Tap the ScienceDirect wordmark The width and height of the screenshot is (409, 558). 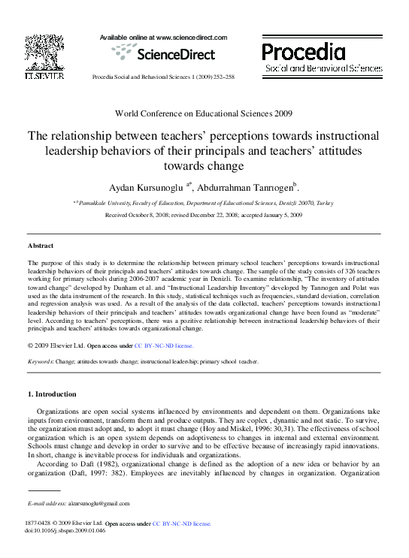click(174, 54)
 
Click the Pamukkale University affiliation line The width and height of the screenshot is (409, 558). click(204, 204)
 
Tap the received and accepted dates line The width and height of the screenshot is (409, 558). click(204, 215)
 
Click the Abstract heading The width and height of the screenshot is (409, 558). click(41, 246)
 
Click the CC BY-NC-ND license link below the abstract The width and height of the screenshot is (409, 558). click(164, 345)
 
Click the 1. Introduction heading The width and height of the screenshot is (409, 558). click(52, 394)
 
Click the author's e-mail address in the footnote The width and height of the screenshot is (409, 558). click(99, 503)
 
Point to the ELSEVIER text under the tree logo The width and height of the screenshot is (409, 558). click(44, 76)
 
